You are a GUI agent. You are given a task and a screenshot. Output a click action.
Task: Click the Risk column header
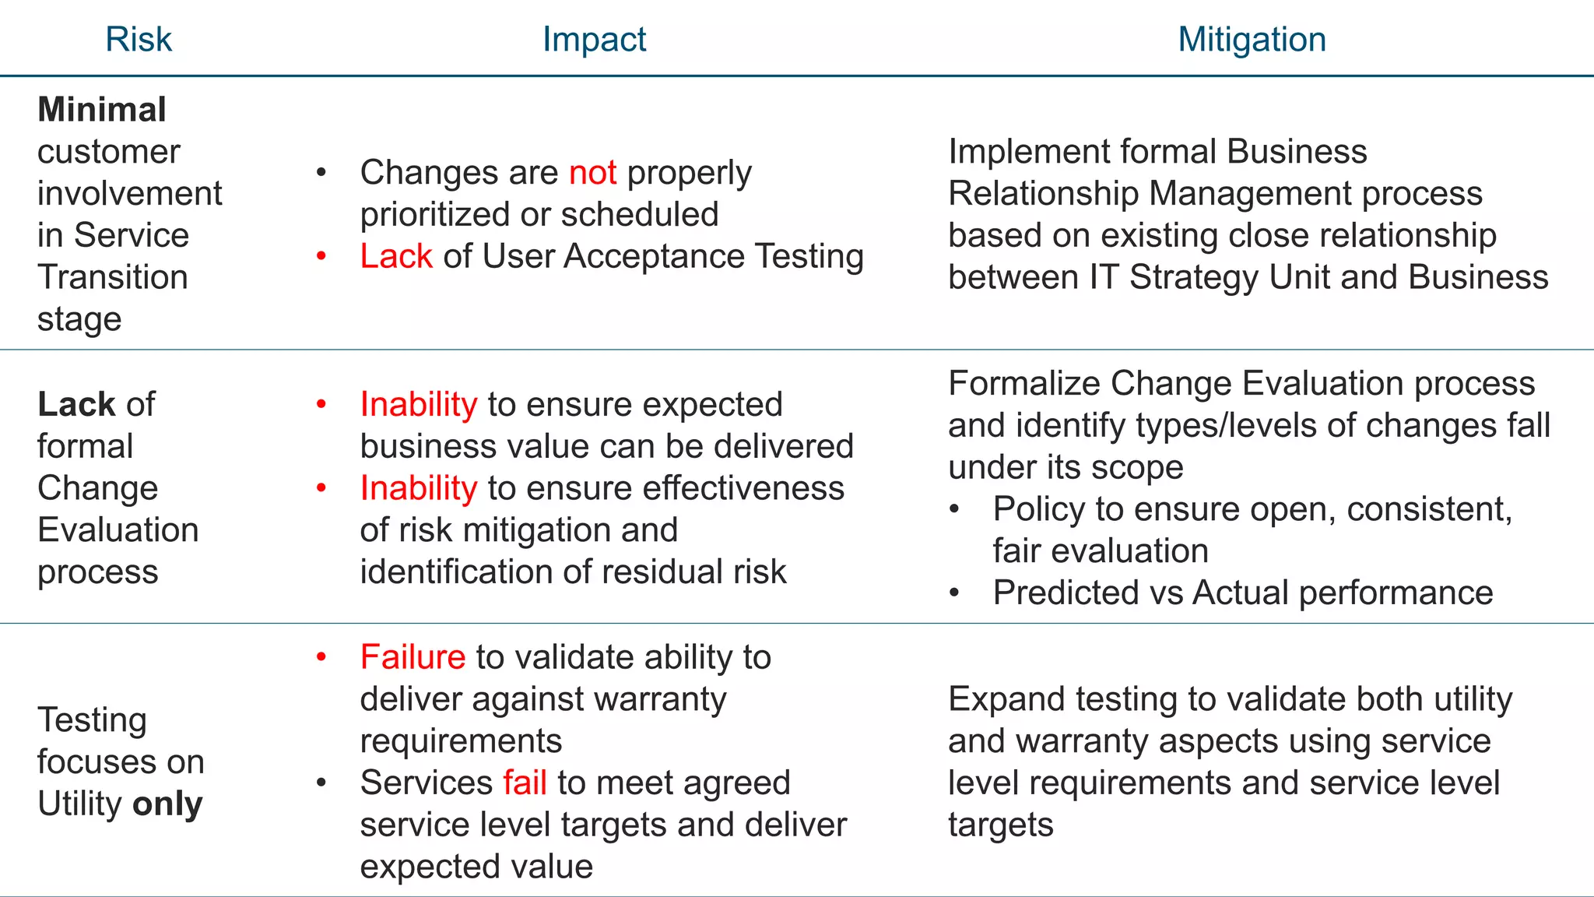click(x=139, y=40)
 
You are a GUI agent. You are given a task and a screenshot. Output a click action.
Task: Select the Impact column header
click(x=594, y=40)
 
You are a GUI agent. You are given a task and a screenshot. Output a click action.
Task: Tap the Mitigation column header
click(x=1252, y=40)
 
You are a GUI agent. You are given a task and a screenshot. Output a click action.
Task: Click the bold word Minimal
click(x=102, y=110)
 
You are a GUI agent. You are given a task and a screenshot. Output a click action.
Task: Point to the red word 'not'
click(x=593, y=173)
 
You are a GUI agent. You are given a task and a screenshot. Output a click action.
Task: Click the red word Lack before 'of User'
click(x=396, y=256)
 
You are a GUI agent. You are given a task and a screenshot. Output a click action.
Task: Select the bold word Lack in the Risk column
click(x=75, y=404)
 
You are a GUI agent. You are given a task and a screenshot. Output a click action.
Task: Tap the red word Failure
click(x=413, y=657)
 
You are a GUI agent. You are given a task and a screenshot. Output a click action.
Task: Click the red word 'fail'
click(x=525, y=783)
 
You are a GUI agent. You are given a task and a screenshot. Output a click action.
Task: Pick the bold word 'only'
click(x=168, y=804)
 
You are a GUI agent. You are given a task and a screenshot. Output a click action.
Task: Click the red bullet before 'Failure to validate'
click(x=321, y=657)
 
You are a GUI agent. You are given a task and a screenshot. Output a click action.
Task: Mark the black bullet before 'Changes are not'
click(x=321, y=173)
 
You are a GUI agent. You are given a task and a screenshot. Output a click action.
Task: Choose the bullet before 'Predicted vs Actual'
click(x=955, y=593)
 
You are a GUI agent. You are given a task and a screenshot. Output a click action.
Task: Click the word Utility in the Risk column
click(x=80, y=804)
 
